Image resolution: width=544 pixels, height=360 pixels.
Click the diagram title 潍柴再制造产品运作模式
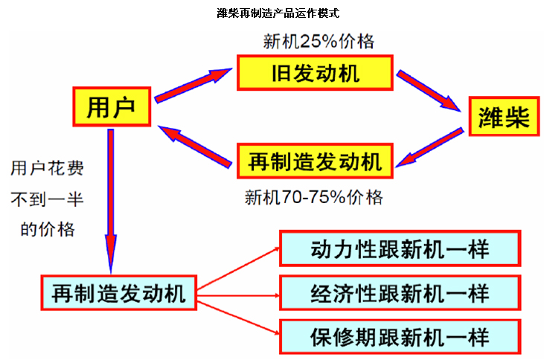pos(278,13)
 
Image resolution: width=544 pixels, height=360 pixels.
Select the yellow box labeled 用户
pos(112,107)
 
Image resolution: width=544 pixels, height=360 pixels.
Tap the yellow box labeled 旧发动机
pos(315,73)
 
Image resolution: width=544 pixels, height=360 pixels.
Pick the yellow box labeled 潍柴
pos(504,116)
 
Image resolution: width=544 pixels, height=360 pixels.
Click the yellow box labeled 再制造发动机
pos(315,161)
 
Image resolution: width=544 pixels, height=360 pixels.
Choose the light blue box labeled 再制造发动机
pos(118,293)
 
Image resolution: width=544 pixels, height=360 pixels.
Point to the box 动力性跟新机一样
pos(400,248)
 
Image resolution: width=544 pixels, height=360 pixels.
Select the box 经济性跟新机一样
pos(400,293)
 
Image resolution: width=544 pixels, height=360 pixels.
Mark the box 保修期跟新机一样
pos(400,337)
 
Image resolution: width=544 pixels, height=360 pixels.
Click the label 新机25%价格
pos(319,42)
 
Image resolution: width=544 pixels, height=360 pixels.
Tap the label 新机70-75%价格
pos(313,197)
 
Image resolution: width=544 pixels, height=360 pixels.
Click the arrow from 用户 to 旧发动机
pos(193,86)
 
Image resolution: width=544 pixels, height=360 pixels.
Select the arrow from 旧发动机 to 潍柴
pos(429,91)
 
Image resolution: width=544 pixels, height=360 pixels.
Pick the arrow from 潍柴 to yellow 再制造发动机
pos(429,147)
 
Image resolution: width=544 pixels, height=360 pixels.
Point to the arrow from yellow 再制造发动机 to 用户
pos(195,147)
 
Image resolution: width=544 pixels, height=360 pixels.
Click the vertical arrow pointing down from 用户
pos(111,201)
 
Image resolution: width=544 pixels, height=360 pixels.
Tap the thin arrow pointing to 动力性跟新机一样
pos(238,269)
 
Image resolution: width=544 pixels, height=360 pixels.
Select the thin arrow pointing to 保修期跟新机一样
pos(238,318)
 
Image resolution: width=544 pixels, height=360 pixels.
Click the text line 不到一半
pos(47,199)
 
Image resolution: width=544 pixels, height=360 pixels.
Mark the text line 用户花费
pos(47,169)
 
